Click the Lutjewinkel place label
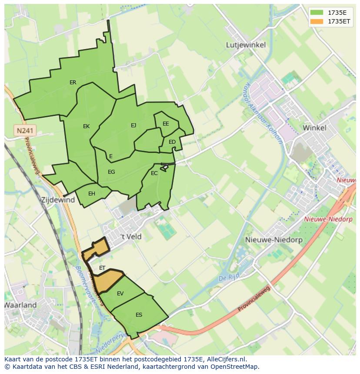pos(246,45)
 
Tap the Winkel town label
pos(314,128)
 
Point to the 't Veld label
pos(131,237)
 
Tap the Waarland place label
pos(20,305)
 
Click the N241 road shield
pos(25,130)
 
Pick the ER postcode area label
pos(73,83)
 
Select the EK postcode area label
pos(86,126)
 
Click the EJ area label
pos(133,126)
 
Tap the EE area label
pos(166,124)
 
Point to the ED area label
pos(172,142)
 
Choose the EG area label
pos(111,172)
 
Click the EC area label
pos(154,173)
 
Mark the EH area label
pos(92,194)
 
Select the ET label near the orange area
pos(102,268)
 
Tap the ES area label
pos(139,315)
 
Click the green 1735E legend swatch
pos(317,13)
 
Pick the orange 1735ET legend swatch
pos(317,21)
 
